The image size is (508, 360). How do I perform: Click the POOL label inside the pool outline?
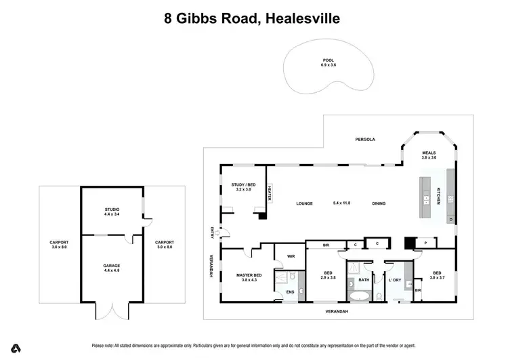[329, 60]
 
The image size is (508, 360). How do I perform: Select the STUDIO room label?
[112, 210]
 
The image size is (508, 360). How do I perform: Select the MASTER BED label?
[249, 275]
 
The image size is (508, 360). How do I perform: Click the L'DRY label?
[395, 279]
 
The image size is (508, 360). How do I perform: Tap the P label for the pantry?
[425, 242]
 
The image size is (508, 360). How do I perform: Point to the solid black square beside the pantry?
[408, 242]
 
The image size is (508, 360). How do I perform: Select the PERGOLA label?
[365, 139]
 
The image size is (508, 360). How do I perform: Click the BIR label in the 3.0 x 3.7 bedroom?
[417, 290]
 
